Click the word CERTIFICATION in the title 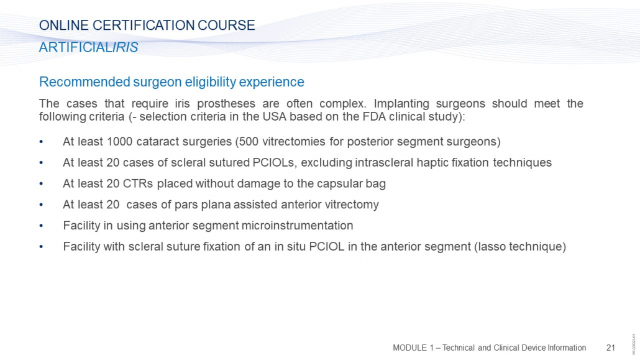144,25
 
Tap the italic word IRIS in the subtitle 126,47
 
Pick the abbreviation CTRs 138,184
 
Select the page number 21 611,348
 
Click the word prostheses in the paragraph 226,104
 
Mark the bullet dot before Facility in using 41,226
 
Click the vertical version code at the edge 634,344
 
